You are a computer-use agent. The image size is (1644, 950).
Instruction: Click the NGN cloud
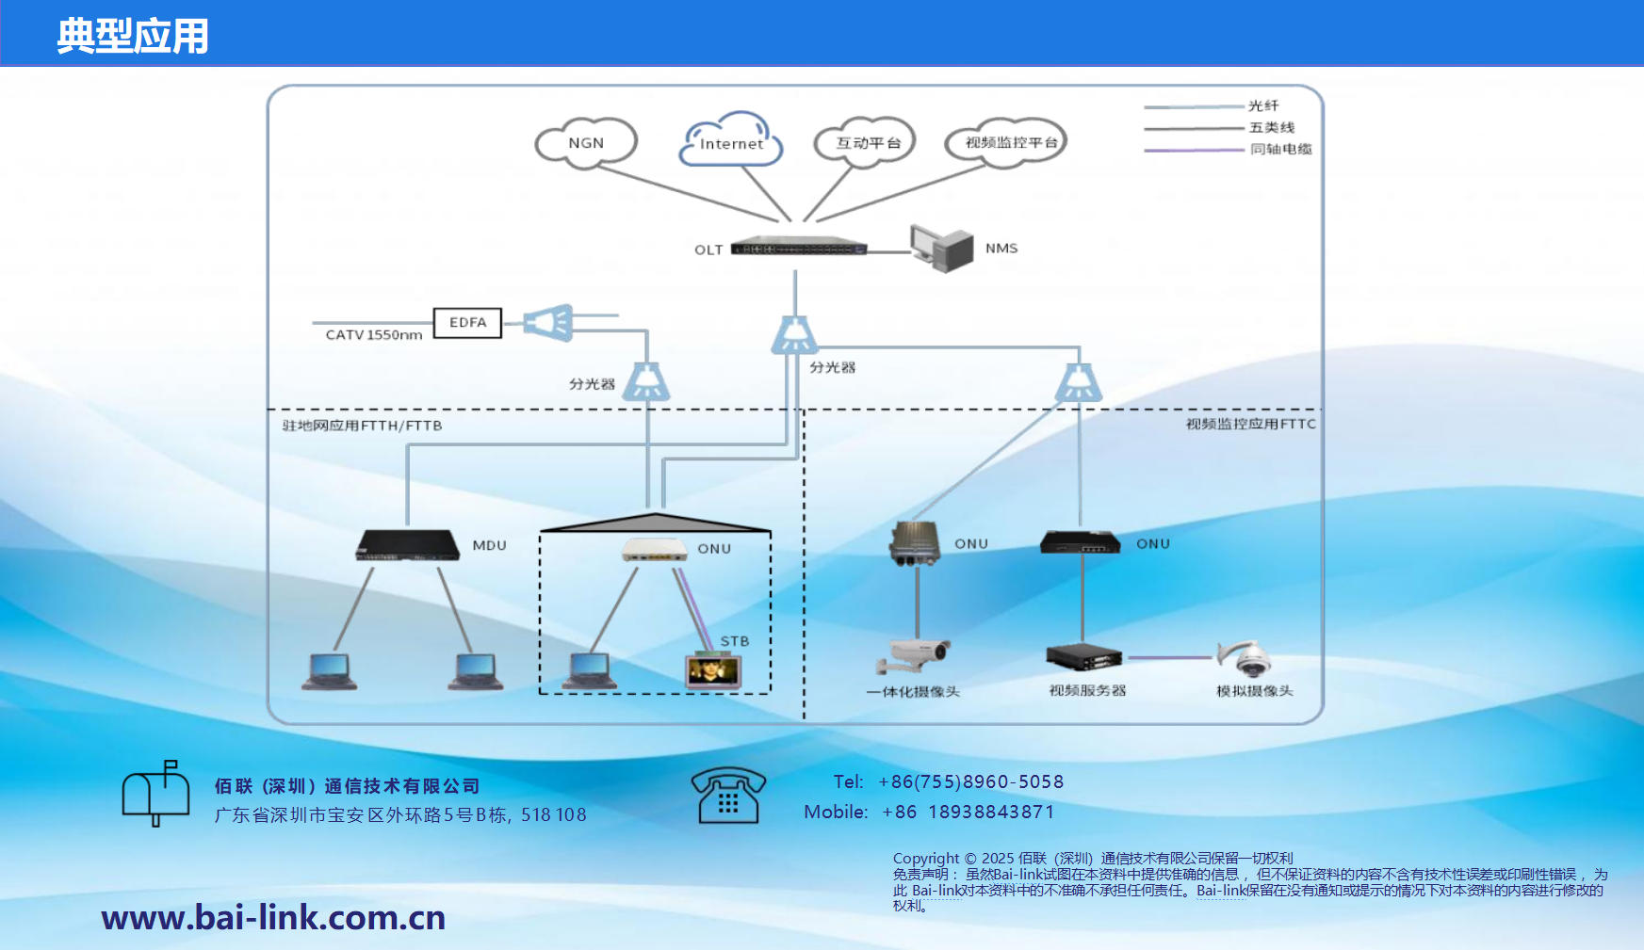[586, 143]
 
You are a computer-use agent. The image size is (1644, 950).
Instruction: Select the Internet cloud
[731, 142]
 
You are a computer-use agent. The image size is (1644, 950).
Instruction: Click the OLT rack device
[798, 248]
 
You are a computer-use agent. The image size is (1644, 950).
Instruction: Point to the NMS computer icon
[942, 248]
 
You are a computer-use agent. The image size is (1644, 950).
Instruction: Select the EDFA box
[467, 323]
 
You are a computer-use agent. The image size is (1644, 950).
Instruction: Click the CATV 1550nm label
[374, 335]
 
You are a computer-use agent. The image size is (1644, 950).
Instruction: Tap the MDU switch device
[408, 545]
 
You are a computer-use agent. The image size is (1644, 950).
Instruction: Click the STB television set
[713, 670]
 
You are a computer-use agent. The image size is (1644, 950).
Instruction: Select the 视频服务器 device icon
[1083, 656]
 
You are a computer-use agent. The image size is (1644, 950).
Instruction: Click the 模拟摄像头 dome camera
[1248, 658]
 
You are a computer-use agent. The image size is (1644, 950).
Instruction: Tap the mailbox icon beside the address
[155, 793]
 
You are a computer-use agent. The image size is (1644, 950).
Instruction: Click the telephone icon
[727, 796]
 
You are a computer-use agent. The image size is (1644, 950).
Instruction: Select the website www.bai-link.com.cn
[273, 917]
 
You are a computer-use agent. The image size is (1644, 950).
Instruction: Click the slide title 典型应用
[132, 36]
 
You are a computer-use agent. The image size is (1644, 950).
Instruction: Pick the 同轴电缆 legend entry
[1279, 149]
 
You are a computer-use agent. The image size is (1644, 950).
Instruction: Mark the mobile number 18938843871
[991, 812]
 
